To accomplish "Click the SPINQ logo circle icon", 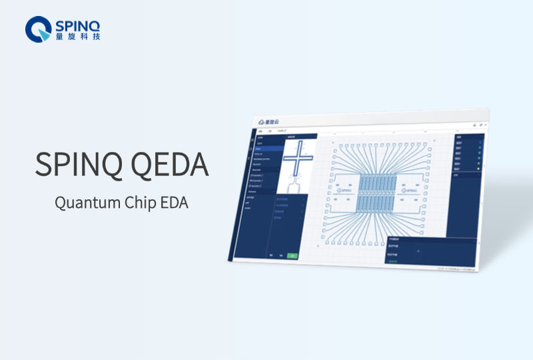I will [x=38, y=29].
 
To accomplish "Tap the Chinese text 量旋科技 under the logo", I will [x=78, y=37].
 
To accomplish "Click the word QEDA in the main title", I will [x=173, y=163].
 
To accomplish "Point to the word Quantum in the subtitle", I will [x=84, y=203].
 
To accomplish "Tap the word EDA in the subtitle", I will [x=175, y=203].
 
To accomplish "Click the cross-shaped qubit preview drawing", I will [x=293, y=157].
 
